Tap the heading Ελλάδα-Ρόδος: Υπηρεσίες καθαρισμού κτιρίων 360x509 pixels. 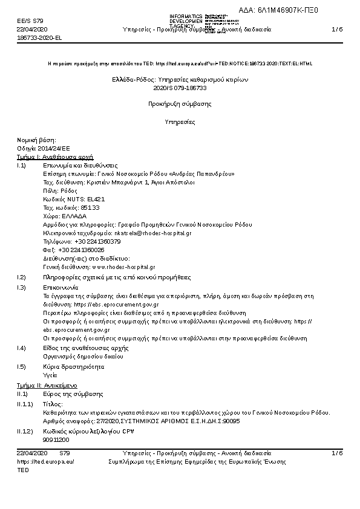pyautogui.click(x=180, y=79)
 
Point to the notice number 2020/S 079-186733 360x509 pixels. pyautogui.click(x=180, y=88)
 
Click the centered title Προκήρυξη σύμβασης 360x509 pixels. pyautogui.click(x=180, y=104)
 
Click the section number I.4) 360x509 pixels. pyautogui.click(x=22, y=348)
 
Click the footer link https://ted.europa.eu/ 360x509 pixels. pyautogui.click(x=45, y=461)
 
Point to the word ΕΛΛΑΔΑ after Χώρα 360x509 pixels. pyautogui.click(x=74, y=215)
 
